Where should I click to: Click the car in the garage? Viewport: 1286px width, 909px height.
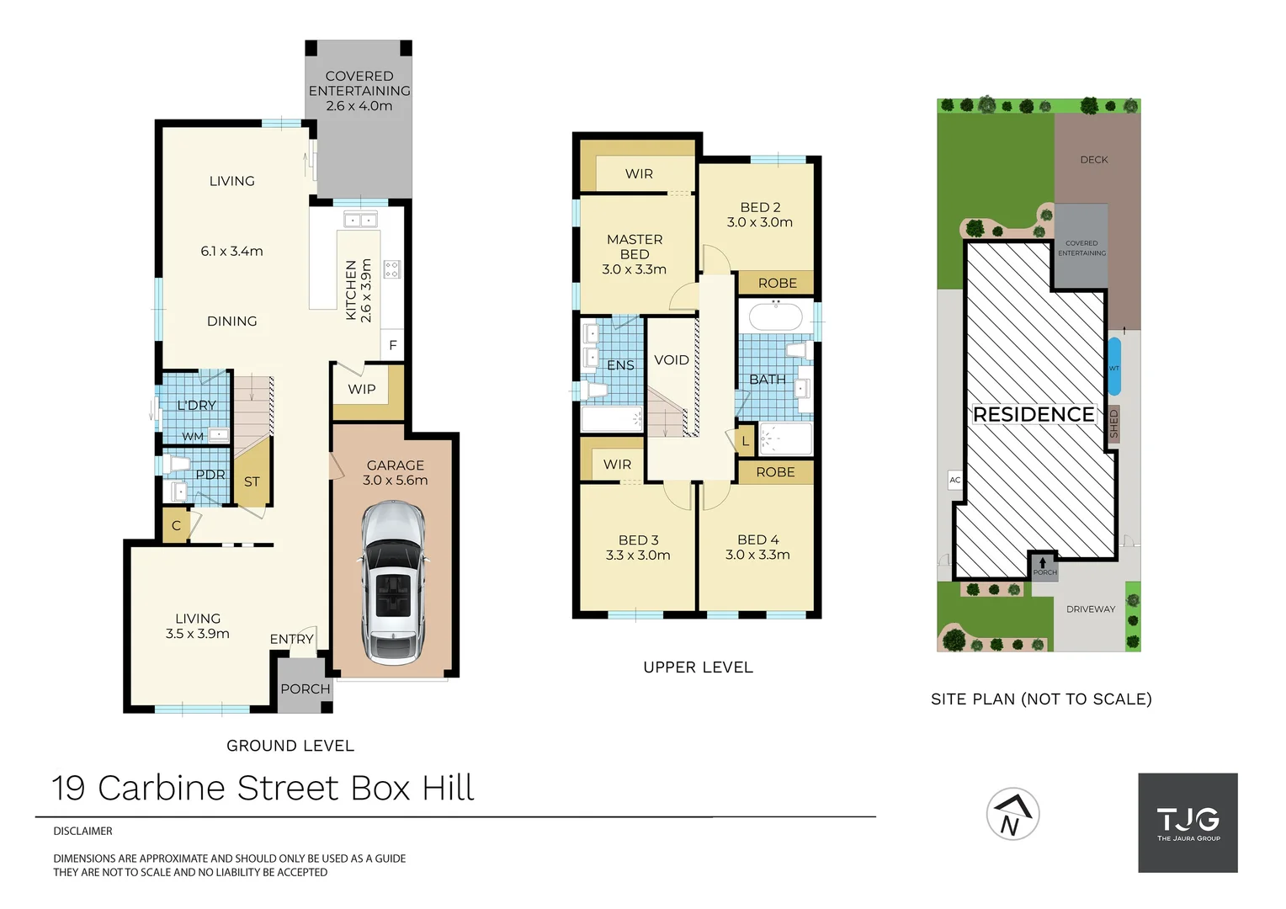[x=393, y=583]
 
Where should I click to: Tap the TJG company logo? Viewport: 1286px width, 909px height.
[x=1188, y=822]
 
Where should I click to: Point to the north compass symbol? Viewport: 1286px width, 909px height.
[x=1012, y=814]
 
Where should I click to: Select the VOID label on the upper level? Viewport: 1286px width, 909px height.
[x=672, y=360]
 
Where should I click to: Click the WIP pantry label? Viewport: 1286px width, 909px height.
[x=362, y=389]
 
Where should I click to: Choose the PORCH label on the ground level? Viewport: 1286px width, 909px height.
[x=305, y=688]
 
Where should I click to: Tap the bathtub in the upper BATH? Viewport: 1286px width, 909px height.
[x=775, y=317]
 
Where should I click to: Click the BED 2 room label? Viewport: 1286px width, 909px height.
[x=760, y=207]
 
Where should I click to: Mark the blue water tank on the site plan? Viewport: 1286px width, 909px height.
[x=1114, y=367]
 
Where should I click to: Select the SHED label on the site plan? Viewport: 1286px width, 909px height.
[x=1113, y=423]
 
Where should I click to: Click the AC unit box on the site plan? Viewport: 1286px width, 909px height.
[x=955, y=480]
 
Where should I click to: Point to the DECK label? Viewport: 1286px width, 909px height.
[x=1094, y=160]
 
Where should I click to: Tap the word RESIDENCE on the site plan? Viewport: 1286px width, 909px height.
[x=1034, y=414]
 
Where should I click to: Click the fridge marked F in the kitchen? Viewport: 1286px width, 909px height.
[x=392, y=345]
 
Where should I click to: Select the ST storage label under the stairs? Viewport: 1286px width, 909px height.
[x=252, y=481]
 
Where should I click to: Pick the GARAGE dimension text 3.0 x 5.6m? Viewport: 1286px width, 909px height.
[x=395, y=481]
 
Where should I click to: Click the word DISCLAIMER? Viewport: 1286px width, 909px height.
[x=82, y=831]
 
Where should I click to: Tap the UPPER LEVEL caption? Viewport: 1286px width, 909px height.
[x=698, y=667]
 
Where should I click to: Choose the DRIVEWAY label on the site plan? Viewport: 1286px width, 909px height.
[x=1090, y=609]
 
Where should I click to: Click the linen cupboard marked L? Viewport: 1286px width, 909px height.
[x=745, y=441]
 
